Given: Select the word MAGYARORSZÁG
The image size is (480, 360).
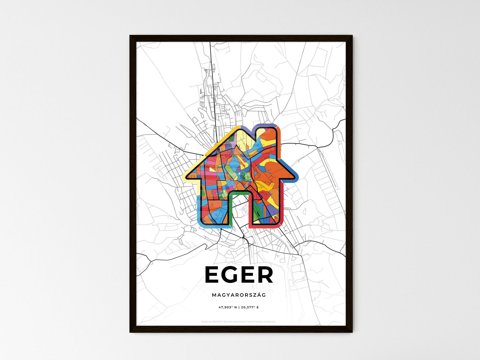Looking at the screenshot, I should pyautogui.click(x=239, y=295).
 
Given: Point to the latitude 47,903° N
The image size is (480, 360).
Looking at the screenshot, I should pyautogui.click(x=228, y=307).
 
